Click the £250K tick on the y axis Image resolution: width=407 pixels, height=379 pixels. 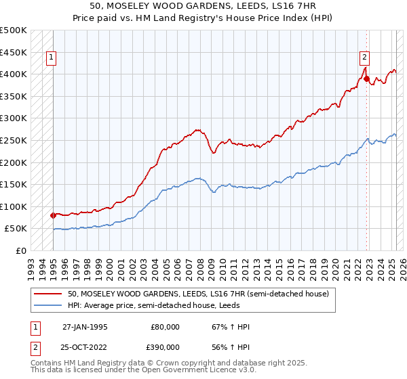coord(14,140)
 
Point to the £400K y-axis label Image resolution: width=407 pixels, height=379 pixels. coord(14,74)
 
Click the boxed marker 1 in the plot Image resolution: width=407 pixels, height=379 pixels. coord(52,58)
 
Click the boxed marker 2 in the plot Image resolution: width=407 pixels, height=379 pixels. coord(365,58)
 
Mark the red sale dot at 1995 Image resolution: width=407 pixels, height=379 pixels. coord(53,215)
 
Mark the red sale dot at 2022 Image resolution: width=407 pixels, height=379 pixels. coord(367,79)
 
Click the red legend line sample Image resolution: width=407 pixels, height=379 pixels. coord(49,293)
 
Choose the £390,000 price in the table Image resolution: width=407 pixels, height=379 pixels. coord(165,347)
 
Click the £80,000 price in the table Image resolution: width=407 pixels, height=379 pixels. coord(165,327)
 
